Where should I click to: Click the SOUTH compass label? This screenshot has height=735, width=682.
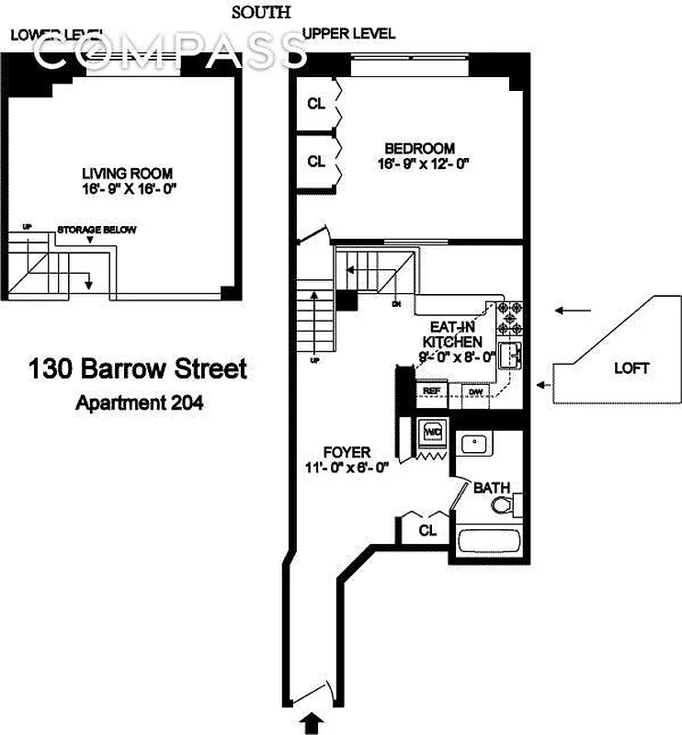262,12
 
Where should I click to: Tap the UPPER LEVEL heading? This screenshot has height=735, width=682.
349,34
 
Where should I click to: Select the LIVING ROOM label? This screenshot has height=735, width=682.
127,174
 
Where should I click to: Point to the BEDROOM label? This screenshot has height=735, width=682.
419,149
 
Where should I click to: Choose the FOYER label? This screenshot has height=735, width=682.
347,452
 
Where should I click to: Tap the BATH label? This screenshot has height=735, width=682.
493,488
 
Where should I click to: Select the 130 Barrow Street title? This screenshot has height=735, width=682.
139,369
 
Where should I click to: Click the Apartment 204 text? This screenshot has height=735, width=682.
139,401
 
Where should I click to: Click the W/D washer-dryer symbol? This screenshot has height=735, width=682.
432,430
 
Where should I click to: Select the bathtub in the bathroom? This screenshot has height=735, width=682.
489,543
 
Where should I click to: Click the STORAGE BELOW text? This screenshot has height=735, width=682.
97,230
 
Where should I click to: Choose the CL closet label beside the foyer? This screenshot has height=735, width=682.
426,531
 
